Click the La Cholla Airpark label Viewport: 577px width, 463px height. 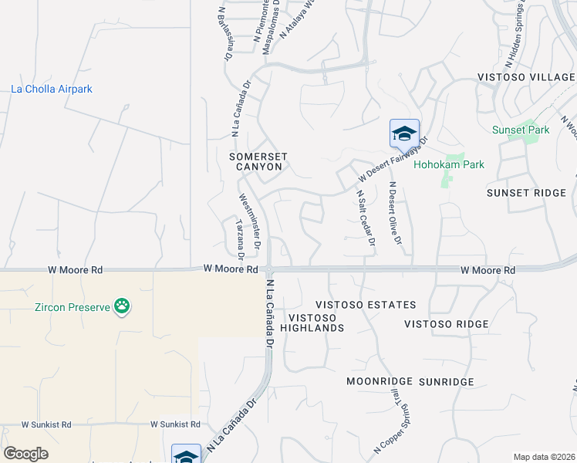click(52, 90)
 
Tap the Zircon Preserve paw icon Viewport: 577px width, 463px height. click(122, 307)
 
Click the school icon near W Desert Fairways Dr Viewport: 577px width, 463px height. click(404, 135)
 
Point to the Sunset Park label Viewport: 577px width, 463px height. click(521, 130)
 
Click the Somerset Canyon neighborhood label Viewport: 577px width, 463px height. click(258, 161)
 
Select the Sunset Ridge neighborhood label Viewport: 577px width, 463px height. click(526, 193)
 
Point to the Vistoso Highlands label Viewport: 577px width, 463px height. click(316, 323)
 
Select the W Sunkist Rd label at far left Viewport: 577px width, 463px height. click(46, 424)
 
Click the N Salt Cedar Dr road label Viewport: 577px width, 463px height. click(365, 219)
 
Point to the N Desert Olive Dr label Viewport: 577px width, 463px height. click(395, 214)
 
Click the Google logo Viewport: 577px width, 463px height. click(25, 454)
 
